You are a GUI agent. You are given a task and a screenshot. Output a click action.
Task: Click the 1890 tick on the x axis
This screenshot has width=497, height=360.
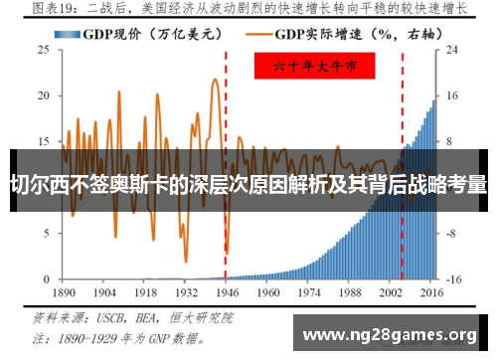[x=64, y=294]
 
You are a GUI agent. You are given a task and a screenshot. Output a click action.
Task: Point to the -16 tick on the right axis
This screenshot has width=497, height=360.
[x=454, y=279]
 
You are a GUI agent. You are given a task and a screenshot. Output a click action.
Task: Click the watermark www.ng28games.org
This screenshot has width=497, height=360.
[x=394, y=333]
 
